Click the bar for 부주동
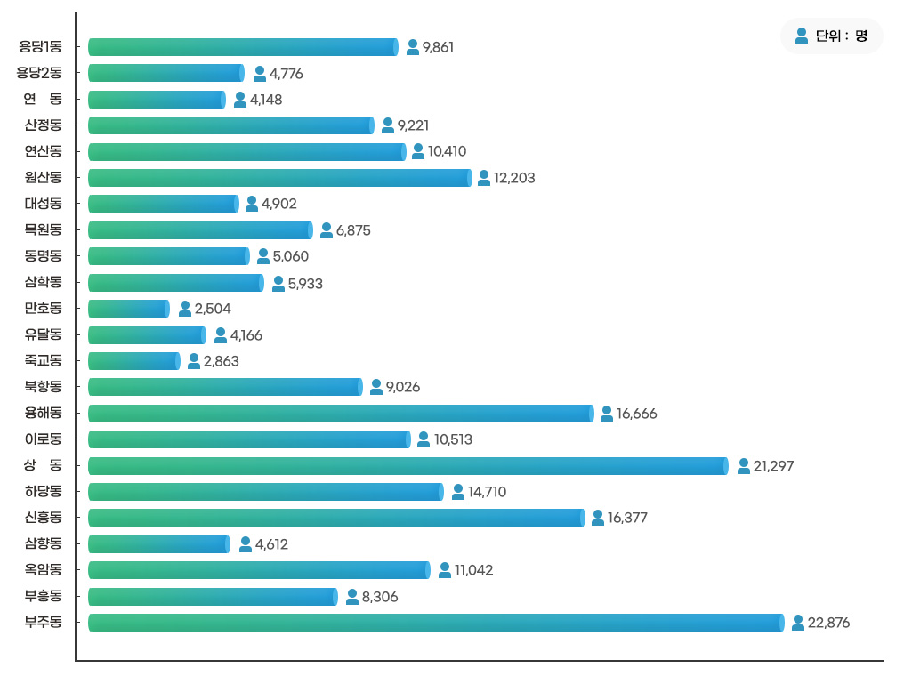pos(437,623)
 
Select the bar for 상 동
pos(408,466)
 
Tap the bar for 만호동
pos(129,309)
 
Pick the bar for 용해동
pos(342,414)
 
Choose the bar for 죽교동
pos(134,361)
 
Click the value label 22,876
pos(828,623)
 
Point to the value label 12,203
pos(514,178)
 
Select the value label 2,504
pos(213,309)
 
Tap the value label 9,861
pos(438,47)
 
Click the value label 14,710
pos(488,492)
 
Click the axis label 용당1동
pos(40,46)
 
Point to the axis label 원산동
pos(44,177)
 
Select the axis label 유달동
pos(44,334)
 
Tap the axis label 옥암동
pos(44,569)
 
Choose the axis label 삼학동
pos(44,282)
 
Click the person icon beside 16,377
pos(598,517)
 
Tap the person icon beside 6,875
pos(327,230)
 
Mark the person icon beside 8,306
pos(352,597)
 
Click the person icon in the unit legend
pos(802,36)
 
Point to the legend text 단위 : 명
pos(841,36)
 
